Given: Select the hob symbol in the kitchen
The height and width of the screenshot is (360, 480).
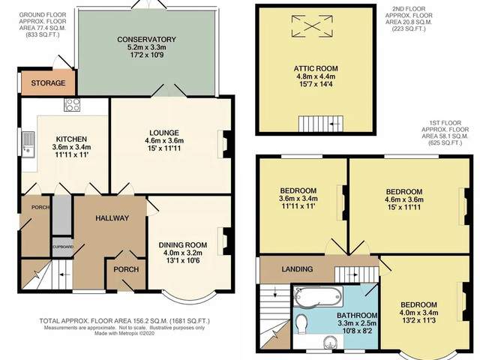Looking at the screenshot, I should coord(73,105).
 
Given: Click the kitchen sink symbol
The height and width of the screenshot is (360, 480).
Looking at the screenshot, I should coord(28,142).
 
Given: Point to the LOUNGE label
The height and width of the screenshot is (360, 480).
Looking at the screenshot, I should coord(163,132).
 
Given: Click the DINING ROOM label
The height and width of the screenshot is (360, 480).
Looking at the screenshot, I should coord(182,244).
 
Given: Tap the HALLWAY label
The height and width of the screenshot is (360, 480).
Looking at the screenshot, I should coord(112,218).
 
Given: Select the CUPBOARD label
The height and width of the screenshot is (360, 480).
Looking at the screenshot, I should coord(62,246).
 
